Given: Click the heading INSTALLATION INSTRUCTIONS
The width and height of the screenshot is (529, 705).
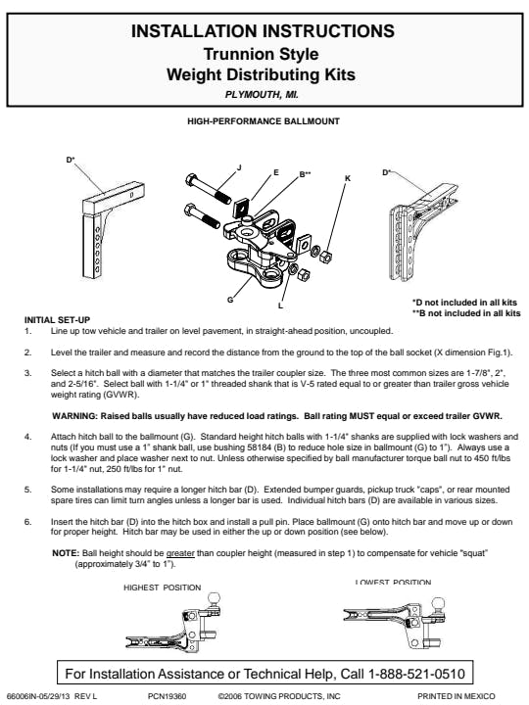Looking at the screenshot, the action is click(263, 31).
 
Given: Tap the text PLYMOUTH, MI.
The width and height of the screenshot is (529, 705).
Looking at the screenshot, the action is click(262, 95).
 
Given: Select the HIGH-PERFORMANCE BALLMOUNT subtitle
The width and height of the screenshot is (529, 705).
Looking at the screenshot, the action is click(264, 121).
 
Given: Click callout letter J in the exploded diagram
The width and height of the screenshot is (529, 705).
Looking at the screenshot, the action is click(239, 167).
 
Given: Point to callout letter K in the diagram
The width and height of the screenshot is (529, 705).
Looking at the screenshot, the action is click(347, 178).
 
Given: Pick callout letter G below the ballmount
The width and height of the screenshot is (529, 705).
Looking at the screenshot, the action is click(230, 300).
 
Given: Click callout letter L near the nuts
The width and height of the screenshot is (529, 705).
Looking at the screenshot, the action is click(281, 305).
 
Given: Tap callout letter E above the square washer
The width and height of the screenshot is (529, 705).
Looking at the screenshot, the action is click(275, 172).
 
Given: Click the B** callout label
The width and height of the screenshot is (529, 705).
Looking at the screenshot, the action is click(305, 174).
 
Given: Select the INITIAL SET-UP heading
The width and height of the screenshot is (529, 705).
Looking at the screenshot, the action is click(57, 320).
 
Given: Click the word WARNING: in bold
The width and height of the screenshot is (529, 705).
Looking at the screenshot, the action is click(74, 416).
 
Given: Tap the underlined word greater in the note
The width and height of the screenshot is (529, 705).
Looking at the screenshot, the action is click(180, 553).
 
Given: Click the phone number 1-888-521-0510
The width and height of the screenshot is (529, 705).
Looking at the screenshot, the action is click(416, 674).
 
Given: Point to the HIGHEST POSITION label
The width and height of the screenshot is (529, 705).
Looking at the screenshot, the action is click(162, 587).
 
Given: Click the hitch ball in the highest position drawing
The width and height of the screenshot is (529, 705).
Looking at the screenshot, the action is click(215, 599).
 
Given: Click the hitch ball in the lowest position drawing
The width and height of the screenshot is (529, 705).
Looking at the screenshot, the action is click(438, 604).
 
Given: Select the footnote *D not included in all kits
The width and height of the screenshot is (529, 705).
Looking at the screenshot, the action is click(464, 303).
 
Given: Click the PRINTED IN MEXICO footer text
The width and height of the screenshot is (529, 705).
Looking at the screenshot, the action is click(457, 696).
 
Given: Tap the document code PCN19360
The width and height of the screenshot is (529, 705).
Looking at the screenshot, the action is click(167, 696).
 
